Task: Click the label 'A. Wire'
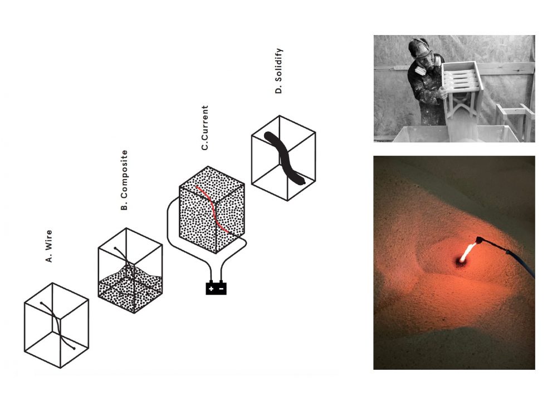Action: (x=49, y=246)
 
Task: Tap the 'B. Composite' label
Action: (x=124, y=180)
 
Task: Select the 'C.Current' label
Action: (x=204, y=128)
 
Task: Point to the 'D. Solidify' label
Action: (x=279, y=71)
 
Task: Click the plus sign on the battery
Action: (x=211, y=289)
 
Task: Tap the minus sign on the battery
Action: (x=221, y=289)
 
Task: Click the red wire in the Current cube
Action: (x=214, y=211)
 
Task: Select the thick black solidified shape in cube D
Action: (x=284, y=158)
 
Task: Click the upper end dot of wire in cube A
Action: (x=42, y=304)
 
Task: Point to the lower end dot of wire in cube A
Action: (x=74, y=349)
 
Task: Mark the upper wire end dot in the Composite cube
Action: (x=115, y=248)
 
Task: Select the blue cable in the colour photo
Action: (x=522, y=262)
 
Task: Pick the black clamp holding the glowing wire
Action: (x=480, y=240)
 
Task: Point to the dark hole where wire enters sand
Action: (x=461, y=262)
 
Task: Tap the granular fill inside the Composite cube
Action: (x=130, y=289)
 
